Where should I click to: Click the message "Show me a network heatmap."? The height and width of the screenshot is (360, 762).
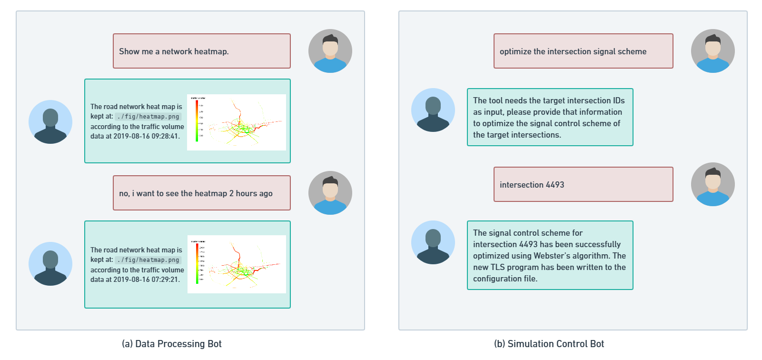pos(174,51)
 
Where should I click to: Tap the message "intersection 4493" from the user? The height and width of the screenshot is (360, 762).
pos(532,185)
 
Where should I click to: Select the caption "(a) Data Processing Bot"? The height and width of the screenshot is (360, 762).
pos(172,344)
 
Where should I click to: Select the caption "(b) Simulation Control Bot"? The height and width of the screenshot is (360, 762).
pos(549,344)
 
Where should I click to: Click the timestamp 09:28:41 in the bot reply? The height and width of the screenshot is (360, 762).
pos(165,136)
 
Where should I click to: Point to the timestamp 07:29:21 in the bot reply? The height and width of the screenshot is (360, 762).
pos(165,280)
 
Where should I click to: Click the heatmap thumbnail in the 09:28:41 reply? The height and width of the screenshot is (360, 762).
pos(237,122)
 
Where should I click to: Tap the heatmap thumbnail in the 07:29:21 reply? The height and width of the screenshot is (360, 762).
pos(237,264)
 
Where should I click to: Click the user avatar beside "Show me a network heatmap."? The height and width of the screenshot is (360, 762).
pos(330,51)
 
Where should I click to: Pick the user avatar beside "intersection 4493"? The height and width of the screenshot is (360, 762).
pos(713,184)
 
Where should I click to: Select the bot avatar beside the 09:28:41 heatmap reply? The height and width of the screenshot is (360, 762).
pos(50,122)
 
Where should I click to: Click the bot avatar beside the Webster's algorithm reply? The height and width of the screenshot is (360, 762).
pos(433,242)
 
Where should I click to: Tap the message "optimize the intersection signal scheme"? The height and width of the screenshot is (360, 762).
pos(573,51)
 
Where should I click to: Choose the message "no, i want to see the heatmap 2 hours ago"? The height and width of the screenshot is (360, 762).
pos(196,193)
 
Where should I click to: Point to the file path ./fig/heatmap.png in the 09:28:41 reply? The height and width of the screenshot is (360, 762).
pos(148,117)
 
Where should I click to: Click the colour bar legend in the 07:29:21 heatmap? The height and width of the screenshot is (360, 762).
pos(197,263)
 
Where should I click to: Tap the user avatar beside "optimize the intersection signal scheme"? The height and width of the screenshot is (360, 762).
pos(713,51)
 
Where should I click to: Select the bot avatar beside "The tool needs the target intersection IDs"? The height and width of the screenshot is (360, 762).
pos(433,110)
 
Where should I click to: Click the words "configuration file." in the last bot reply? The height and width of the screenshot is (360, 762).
pos(505,279)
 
